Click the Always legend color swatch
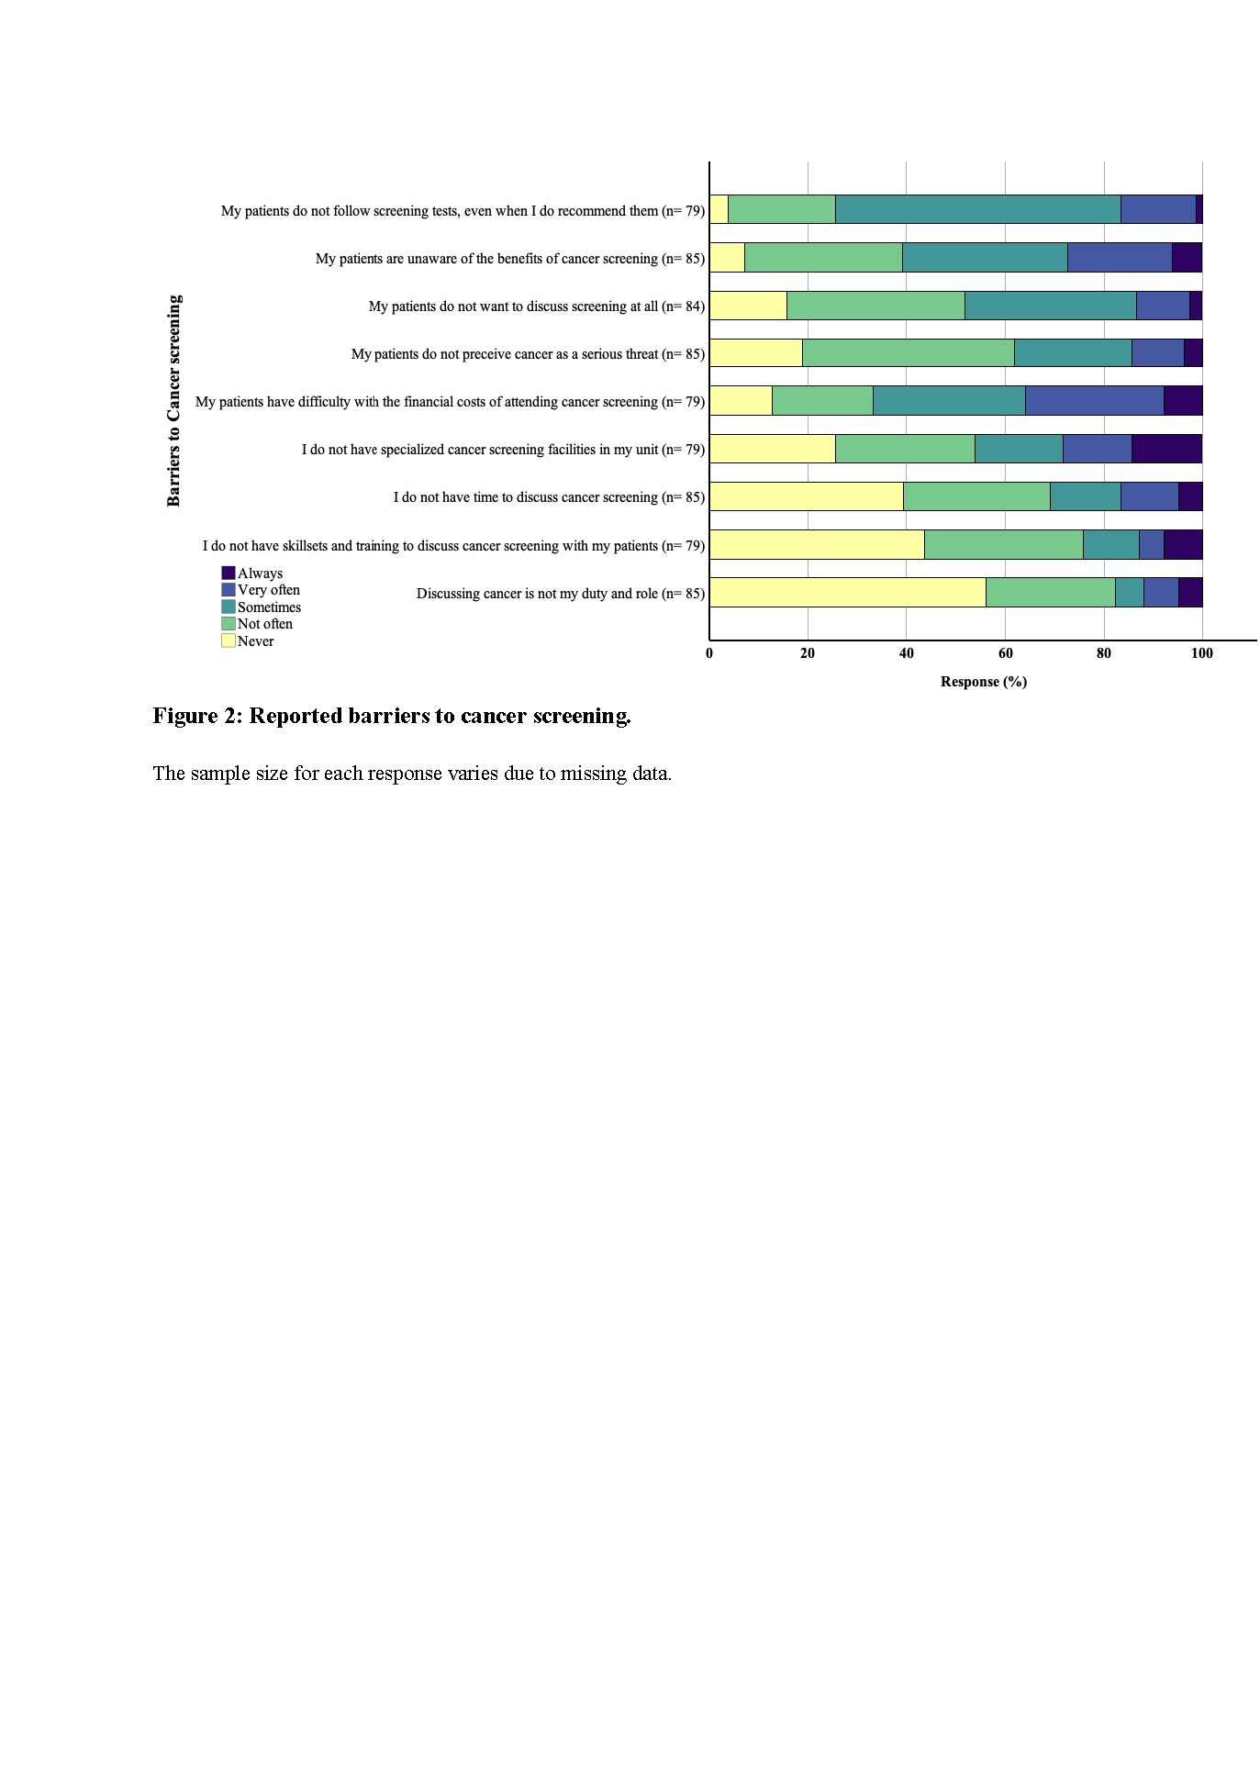(x=229, y=573)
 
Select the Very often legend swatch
(x=229, y=590)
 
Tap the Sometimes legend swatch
(x=229, y=607)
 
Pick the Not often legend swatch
(x=229, y=624)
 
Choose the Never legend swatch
(x=229, y=640)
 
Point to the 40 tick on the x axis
(x=906, y=653)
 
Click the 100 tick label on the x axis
(x=1201, y=653)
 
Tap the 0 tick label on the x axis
(x=709, y=653)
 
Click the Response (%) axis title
(x=983, y=682)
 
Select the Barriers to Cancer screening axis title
(x=174, y=400)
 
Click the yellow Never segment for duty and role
(x=847, y=592)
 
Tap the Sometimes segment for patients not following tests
(x=977, y=209)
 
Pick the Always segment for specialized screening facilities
(x=1166, y=449)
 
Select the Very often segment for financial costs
(x=1094, y=401)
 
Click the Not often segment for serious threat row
(x=908, y=353)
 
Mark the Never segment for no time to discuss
(x=806, y=496)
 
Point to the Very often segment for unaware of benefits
(x=1120, y=257)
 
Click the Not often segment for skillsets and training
(x=1003, y=544)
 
